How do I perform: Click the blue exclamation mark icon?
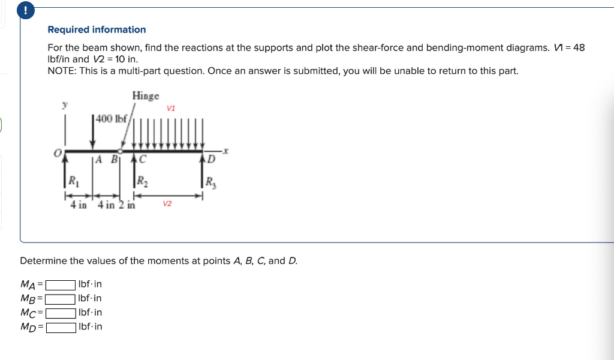[x=26, y=10]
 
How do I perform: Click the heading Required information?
[x=97, y=29]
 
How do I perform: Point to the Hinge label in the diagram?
[x=146, y=96]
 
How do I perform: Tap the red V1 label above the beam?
[x=171, y=108]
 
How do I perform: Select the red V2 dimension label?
[x=167, y=204]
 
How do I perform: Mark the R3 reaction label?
[x=210, y=181]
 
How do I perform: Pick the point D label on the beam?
[x=210, y=160]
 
